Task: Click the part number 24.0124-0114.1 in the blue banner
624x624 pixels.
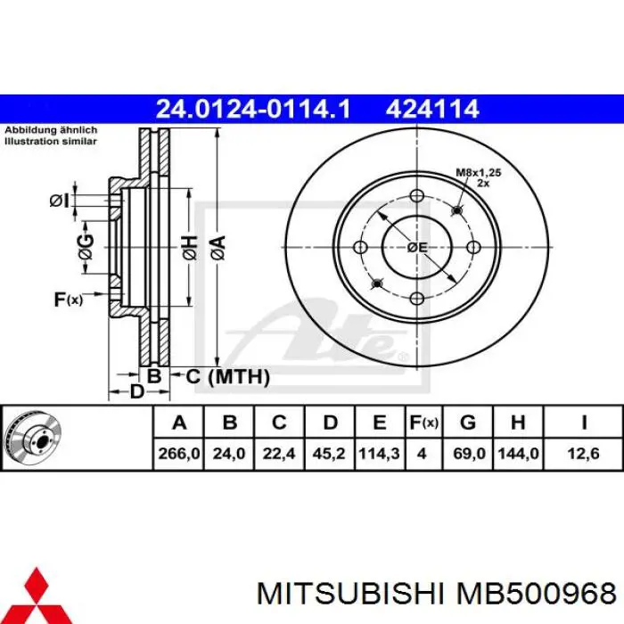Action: click(x=253, y=109)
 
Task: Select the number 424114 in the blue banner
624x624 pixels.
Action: click(x=432, y=109)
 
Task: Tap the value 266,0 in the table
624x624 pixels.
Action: click(x=178, y=453)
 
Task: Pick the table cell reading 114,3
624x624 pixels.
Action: click(x=379, y=453)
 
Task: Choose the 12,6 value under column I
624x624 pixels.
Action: click(x=583, y=453)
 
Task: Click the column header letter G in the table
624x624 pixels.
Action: click(x=468, y=423)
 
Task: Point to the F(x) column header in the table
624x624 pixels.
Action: click(x=423, y=423)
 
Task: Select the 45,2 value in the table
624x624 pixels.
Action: click(x=329, y=453)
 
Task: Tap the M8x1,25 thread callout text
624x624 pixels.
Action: click(x=479, y=173)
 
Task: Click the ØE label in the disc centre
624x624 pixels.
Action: click(x=417, y=248)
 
